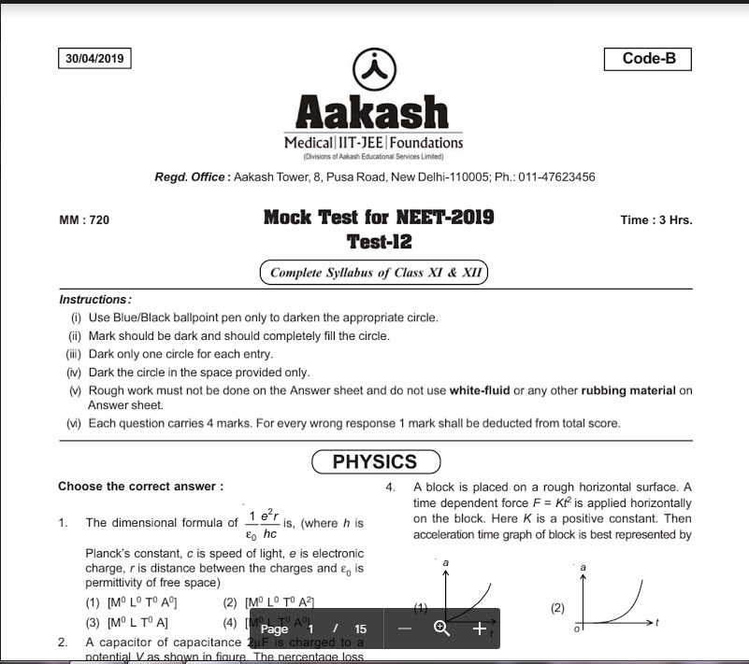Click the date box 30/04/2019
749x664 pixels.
point(94,59)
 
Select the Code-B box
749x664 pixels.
point(648,59)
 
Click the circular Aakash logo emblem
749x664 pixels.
point(373,67)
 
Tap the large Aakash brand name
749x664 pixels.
point(373,113)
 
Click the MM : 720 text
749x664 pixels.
point(84,221)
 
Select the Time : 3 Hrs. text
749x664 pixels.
point(655,221)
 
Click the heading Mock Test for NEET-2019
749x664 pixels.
point(379,219)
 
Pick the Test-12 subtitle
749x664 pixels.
point(379,243)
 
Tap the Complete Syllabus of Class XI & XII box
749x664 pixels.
point(374,273)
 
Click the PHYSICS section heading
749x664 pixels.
point(374,461)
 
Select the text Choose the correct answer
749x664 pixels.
point(141,487)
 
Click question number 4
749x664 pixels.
point(390,487)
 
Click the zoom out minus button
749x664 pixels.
point(405,629)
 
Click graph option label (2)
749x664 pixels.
point(558,609)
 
